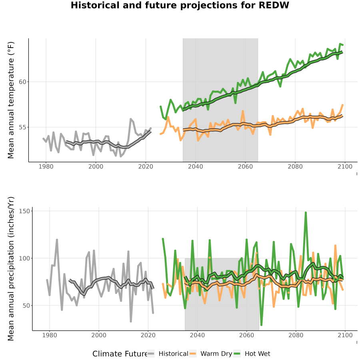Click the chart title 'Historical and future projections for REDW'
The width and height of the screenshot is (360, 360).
180,5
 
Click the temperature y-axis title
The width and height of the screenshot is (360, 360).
11,100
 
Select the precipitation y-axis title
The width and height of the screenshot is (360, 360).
11,269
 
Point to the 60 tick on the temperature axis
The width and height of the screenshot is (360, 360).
22,82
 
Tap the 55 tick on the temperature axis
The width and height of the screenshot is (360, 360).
22,127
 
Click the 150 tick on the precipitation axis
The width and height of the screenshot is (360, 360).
24,211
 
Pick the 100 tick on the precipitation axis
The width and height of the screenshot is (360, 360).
24,258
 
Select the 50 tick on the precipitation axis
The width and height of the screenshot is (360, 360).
26,306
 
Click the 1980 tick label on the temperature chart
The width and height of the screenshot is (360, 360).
46,166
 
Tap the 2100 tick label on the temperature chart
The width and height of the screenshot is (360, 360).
345,166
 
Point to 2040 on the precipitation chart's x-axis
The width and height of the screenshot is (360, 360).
197,335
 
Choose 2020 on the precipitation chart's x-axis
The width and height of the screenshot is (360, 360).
148,335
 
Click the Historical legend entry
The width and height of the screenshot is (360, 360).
168,354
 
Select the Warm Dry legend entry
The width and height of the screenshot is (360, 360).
210,354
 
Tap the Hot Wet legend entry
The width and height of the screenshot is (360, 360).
252,354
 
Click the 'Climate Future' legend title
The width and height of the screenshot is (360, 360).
120,354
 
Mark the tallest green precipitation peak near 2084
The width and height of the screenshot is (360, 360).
306,213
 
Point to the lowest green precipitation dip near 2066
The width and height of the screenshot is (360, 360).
261,325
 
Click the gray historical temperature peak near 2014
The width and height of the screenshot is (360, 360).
131,119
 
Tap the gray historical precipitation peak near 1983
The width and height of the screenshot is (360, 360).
57,240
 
